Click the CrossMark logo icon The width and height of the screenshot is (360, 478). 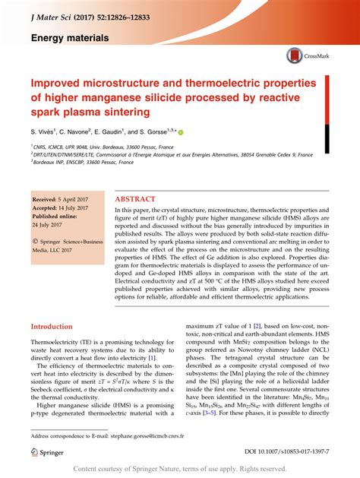point(295,55)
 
